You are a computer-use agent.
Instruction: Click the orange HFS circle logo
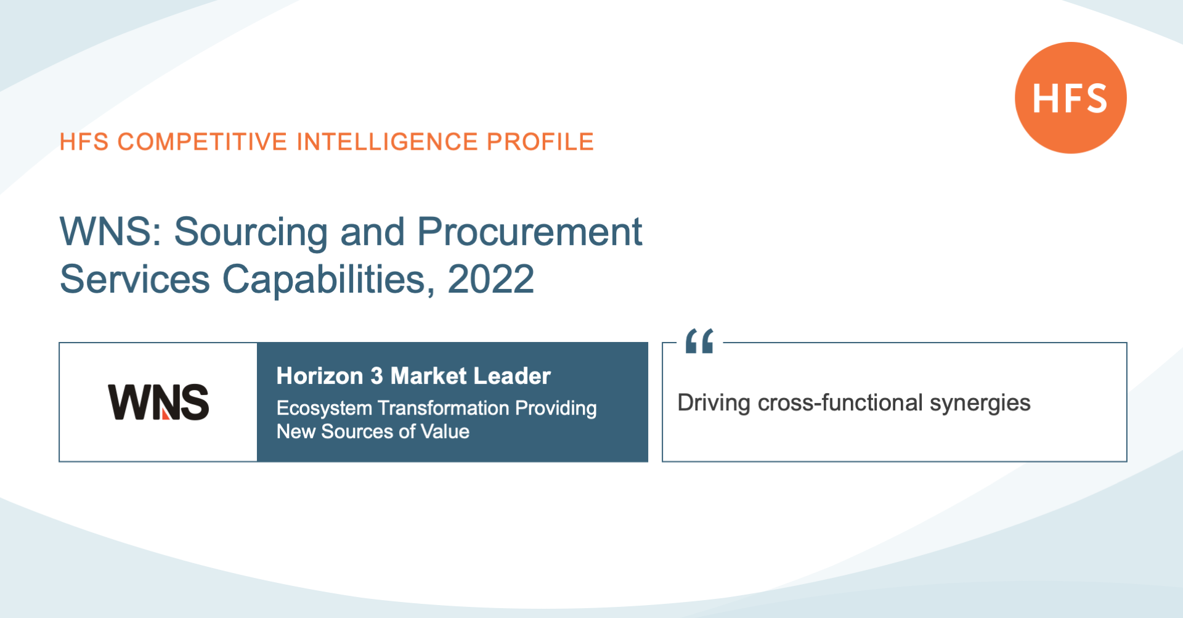click(x=1070, y=97)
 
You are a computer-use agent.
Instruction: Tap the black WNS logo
click(x=158, y=402)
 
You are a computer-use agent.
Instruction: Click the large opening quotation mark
click(x=699, y=341)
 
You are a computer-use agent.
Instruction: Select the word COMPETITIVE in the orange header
click(x=202, y=142)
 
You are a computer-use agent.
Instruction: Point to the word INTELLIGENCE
click(x=387, y=142)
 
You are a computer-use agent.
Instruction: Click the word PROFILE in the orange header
click(x=540, y=142)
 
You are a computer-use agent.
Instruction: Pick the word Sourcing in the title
click(x=251, y=234)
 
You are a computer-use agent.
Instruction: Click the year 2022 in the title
click(x=490, y=279)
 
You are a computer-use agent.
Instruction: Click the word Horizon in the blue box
click(x=320, y=376)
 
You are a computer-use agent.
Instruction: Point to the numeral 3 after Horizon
click(x=376, y=376)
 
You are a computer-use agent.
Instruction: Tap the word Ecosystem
click(x=324, y=409)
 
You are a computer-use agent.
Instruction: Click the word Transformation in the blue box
click(x=444, y=408)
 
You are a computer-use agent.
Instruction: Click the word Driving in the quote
click(x=714, y=404)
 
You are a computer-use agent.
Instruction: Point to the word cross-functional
click(x=840, y=403)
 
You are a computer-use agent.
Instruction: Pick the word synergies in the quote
click(x=980, y=404)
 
